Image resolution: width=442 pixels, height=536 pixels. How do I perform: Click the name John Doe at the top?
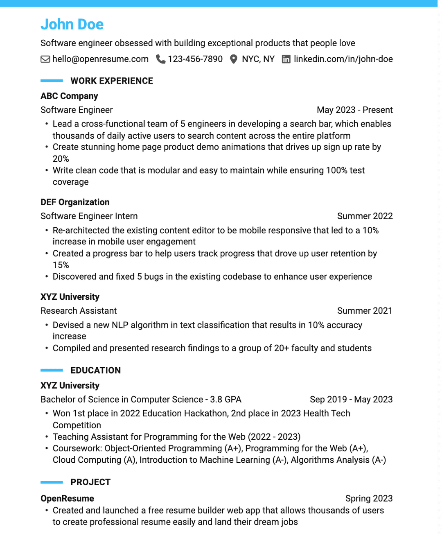[72, 25]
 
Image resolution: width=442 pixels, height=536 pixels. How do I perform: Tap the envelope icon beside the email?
[45, 59]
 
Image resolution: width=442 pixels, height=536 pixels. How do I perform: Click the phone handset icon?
[160, 59]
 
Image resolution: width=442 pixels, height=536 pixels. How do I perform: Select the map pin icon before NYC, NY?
[234, 59]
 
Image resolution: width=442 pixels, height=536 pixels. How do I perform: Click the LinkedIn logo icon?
[286, 59]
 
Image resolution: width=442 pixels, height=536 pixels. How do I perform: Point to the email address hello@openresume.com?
[100, 59]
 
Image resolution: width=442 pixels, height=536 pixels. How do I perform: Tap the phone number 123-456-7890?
[195, 59]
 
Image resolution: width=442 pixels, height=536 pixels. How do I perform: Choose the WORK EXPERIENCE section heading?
[112, 81]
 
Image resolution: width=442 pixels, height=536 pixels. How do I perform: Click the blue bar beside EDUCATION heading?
[52, 370]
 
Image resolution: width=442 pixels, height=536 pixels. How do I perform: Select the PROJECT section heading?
[90, 482]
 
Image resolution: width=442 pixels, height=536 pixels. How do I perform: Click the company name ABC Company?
[69, 96]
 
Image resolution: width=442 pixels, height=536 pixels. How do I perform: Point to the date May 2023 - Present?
[354, 110]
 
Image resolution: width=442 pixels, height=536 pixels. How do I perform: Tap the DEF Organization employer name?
[75, 202]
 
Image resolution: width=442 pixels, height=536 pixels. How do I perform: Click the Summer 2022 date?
[365, 216]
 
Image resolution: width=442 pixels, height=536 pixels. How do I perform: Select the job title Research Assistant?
[79, 311]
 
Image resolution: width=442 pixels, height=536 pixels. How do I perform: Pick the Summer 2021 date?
[364, 311]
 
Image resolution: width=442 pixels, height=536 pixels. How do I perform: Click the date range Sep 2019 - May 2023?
[351, 400]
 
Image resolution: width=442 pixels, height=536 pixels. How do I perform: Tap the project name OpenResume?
[67, 499]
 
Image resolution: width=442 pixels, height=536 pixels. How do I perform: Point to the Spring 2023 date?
[369, 499]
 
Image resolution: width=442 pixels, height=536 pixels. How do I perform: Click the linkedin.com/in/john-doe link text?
[343, 59]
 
